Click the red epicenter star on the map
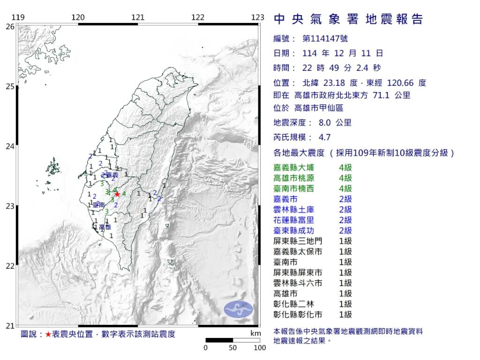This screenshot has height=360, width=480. pos(117,194)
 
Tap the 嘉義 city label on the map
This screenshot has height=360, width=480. pos(111,174)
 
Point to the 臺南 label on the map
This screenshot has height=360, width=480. pos(98,205)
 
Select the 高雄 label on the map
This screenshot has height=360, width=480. pos(105,227)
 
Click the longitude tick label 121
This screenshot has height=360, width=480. pos(138,18)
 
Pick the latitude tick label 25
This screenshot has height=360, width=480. pos(10,87)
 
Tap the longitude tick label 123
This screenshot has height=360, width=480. pos(258,18)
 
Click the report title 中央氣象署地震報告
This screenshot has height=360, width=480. pos(348,19)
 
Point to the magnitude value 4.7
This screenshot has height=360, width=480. pos(324,137)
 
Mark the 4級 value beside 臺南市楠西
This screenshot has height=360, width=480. pos(345,188)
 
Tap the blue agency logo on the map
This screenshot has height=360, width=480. pos(238,308)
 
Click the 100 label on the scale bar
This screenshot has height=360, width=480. pos(259,348)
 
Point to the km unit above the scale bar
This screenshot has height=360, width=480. pos(255,333)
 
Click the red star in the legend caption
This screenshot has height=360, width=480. pos(48,334)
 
